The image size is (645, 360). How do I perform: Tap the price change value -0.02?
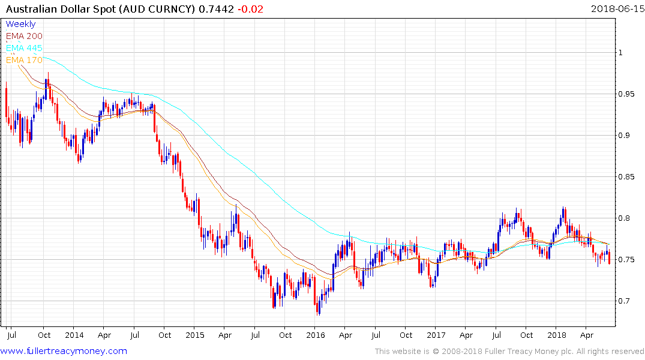(250, 8)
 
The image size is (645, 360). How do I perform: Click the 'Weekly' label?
(20, 24)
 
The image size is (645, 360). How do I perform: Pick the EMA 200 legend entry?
(24, 36)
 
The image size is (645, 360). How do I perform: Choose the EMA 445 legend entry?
(24, 48)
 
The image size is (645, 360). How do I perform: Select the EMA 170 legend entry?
(24, 60)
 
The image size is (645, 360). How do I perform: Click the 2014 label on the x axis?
(74, 335)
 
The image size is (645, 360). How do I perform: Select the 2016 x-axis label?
(316, 335)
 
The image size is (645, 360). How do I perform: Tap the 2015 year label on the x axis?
(194, 335)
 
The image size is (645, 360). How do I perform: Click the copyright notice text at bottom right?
(509, 352)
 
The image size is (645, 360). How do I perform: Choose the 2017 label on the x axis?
(436, 335)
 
